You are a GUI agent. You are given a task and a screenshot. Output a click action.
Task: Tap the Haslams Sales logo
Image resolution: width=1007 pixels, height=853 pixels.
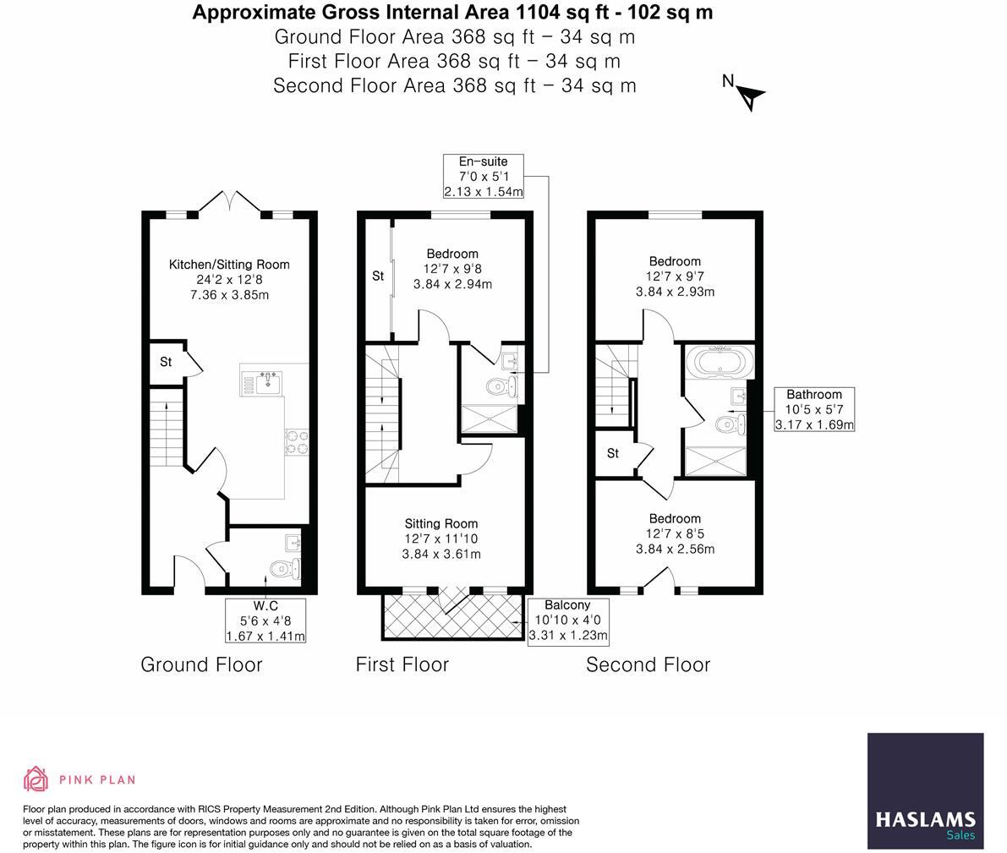pyautogui.click(x=925, y=791)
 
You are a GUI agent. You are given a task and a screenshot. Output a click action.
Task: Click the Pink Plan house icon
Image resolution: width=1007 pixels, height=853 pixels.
pyautogui.click(x=36, y=779)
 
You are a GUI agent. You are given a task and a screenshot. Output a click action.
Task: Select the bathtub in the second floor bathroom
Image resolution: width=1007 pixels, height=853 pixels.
pyautogui.click(x=719, y=364)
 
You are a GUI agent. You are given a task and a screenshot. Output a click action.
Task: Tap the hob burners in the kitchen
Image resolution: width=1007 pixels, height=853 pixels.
pyautogui.click(x=297, y=442)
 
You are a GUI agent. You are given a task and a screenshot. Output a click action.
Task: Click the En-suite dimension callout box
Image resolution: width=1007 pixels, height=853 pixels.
pyautogui.click(x=484, y=177)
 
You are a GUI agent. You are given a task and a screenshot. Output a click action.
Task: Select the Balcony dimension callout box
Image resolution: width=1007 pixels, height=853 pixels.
pyautogui.click(x=567, y=621)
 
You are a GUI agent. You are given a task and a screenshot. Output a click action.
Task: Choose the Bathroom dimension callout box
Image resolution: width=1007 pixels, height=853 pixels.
pyautogui.click(x=814, y=409)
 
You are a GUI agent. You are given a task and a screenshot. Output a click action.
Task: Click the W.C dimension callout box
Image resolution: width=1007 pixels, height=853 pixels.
pyautogui.click(x=265, y=621)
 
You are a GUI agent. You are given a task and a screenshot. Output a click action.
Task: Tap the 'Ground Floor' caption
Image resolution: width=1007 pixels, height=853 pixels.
pyautogui.click(x=201, y=664)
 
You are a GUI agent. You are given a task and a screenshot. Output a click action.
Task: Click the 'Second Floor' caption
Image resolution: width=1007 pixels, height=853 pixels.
pyautogui.click(x=648, y=664)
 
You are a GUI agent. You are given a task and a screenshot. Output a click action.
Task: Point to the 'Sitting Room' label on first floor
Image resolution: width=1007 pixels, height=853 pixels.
pyautogui.click(x=441, y=523)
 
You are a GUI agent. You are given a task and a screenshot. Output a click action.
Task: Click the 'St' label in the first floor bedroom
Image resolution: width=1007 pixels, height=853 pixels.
pyautogui.click(x=378, y=276)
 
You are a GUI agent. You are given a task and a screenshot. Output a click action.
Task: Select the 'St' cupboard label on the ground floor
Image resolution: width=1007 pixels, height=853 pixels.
pyautogui.click(x=166, y=362)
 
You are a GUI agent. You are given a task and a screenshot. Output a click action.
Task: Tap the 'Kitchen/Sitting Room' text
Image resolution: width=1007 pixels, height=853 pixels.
pyautogui.click(x=229, y=265)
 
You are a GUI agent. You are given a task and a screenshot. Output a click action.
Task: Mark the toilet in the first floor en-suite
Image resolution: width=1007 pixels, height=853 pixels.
pyautogui.click(x=500, y=387)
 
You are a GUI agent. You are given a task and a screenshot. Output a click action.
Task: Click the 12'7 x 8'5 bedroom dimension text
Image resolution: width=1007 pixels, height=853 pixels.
pyautogui.click(x=675, y=533)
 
